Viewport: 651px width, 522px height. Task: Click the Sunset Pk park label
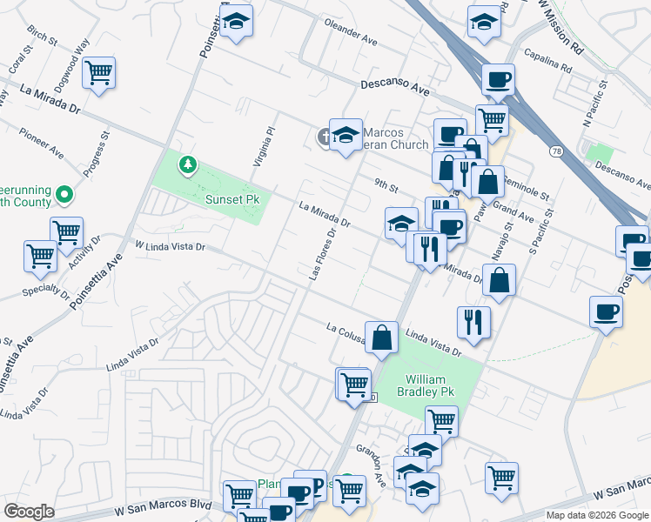pos(232,199)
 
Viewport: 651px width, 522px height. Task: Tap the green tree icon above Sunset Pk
pos(187,164)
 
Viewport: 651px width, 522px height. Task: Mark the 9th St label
pos(386,185)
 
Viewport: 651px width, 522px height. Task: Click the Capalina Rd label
pos(547,60)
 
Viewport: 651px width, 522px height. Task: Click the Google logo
pos(29,511)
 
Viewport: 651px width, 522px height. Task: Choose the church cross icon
pos(324,136)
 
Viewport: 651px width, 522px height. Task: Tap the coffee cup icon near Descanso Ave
pos(498,80)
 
